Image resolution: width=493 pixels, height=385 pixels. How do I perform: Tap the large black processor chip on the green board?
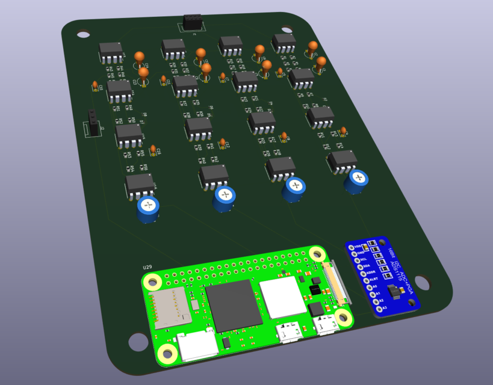coord(229,304)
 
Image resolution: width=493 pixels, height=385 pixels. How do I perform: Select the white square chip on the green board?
coord(279,297)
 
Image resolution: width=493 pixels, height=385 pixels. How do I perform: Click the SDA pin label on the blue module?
coord(366,265)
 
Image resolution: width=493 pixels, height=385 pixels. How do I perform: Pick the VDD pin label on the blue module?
coord(358,247)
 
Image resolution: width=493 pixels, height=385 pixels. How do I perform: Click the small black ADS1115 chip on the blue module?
coord(395,292)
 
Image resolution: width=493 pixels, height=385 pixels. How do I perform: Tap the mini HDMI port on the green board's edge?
coord(197,346)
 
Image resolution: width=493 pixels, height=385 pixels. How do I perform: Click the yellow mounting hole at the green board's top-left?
coord(153,280)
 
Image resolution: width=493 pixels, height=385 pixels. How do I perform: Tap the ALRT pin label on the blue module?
coord(373,279)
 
